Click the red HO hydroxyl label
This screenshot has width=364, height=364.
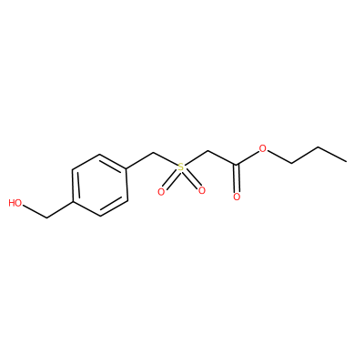point(15,203)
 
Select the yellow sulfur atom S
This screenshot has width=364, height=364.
point(181,167)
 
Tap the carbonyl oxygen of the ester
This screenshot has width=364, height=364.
point(237,197)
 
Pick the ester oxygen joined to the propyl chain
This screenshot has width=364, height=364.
point(263,149)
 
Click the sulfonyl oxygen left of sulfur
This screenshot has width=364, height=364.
point(161,192)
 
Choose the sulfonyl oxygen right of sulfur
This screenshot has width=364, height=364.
point(202,190)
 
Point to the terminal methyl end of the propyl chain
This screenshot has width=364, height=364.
point(347,162)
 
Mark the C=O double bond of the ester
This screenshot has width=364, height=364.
point(237,178)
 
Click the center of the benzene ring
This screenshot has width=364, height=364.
point(100,185)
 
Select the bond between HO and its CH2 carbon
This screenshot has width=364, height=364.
point(35,211)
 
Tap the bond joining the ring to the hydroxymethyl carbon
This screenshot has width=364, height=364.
point(60,209)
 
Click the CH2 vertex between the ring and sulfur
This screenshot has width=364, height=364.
point(154,152)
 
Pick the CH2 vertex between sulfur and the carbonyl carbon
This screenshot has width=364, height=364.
point(208,151)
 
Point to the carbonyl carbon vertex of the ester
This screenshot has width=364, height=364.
point(237,165)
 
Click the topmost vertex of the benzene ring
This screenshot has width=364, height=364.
point(99,154)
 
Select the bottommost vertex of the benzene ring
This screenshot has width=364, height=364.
point(100,217)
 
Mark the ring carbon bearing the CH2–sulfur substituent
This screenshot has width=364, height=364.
point(126,168)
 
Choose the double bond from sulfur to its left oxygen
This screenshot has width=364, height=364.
point(171,179)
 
